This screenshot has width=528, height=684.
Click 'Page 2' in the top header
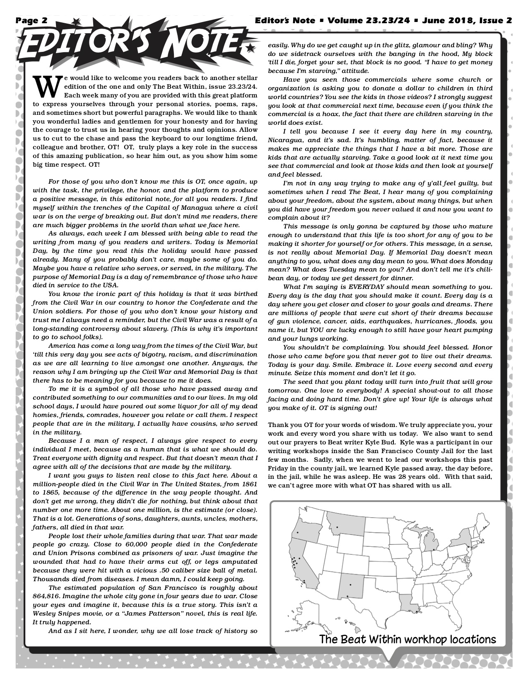tap(32, 20)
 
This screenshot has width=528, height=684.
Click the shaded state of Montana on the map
tap(345, 524)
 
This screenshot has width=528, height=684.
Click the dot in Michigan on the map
tap(433, 550)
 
